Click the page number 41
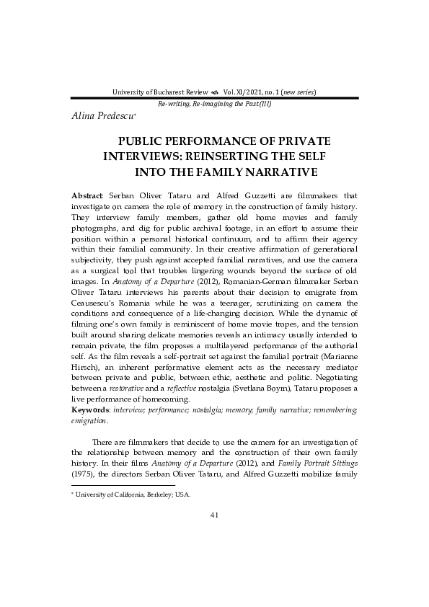tap(214, 514)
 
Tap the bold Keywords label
tap(89, 409)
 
